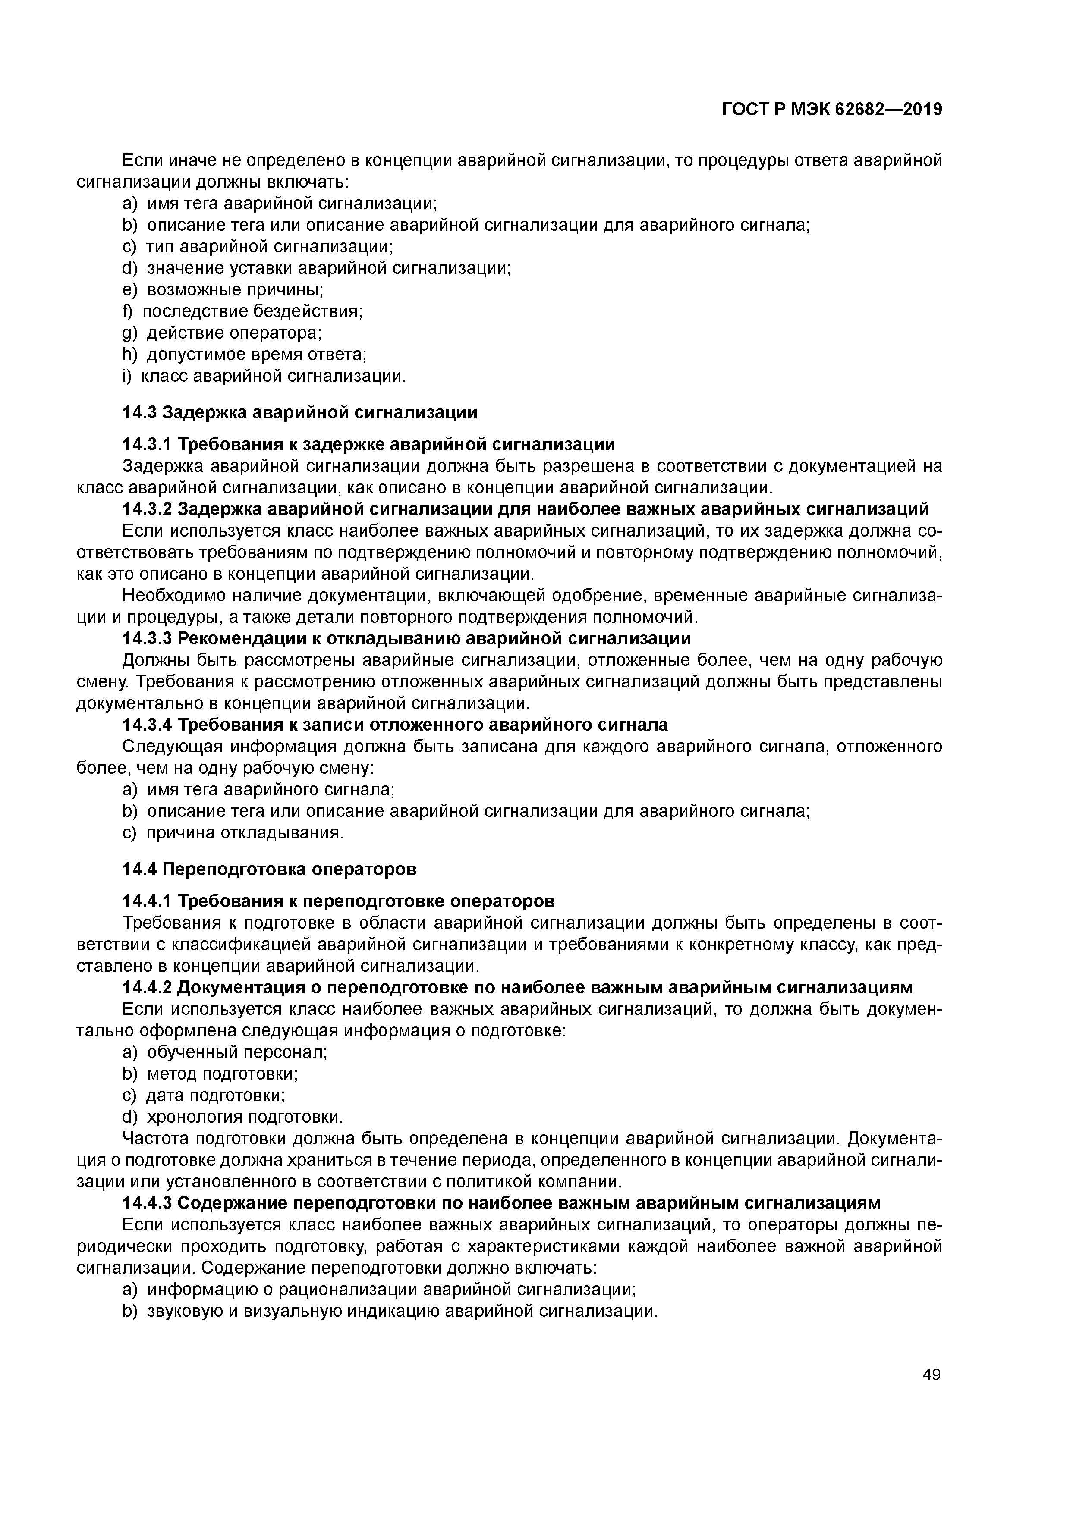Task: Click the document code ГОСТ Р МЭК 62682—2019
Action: coord(831,110)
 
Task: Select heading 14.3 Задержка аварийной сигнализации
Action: coord(300,412)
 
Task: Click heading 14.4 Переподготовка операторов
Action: coord(270,869)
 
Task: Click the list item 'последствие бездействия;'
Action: coord(252,311)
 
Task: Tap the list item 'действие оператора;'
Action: coord(233,333)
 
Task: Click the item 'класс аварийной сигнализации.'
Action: coord(274,376)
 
